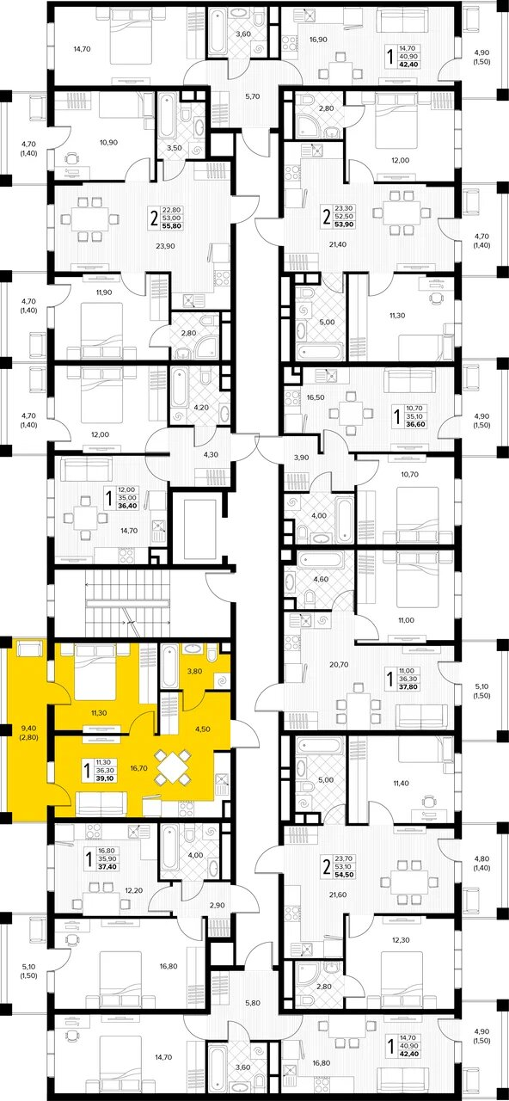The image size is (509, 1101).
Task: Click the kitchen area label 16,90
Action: point(319,40)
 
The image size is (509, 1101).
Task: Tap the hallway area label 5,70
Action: point(252,96)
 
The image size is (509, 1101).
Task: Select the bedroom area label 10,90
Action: point(108,143)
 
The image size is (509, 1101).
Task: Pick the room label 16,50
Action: point(315,397)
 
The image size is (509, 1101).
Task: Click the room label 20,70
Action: point(339,665)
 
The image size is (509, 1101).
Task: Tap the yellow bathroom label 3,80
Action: point(195,671)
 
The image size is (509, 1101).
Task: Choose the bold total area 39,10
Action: point(106,778)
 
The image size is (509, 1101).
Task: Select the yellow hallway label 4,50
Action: point(202,729)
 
